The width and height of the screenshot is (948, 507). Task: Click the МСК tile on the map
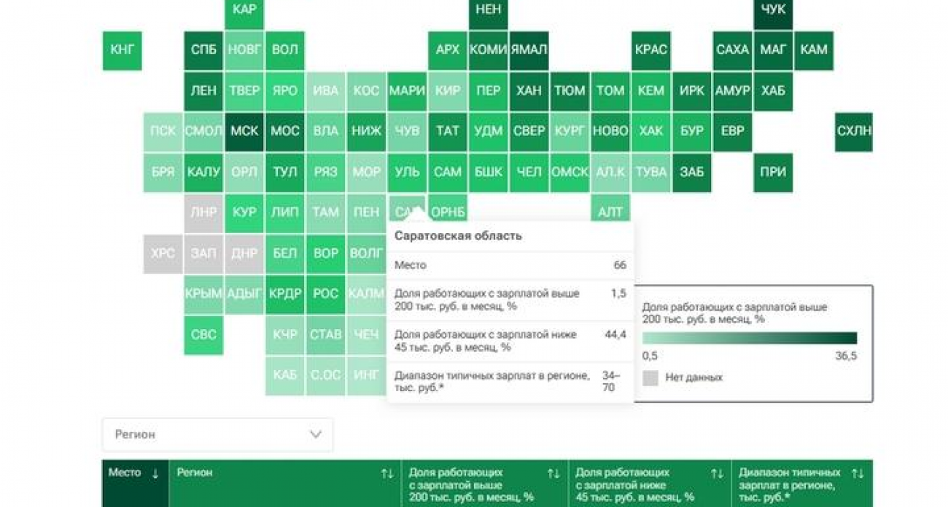244,131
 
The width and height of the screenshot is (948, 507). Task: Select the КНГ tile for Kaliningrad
122,50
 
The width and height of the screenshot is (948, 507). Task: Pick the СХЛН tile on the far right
854,131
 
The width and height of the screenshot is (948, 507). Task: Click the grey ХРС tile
163,253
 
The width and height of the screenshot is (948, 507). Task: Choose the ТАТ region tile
448,131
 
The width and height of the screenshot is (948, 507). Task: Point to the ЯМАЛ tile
529,50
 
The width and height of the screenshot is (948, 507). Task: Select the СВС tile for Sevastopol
203,335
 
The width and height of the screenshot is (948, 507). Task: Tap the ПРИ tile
773,173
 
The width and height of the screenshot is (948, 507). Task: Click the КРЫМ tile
203,294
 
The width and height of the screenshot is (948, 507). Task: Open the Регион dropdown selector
217,434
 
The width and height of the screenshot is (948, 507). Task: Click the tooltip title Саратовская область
458,236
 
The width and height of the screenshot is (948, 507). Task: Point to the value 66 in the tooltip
620,265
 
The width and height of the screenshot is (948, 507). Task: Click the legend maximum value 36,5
846,356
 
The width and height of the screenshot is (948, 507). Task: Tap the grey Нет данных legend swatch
650,378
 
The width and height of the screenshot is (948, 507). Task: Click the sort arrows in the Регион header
387,473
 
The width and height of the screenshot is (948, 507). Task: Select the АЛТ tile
610,213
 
